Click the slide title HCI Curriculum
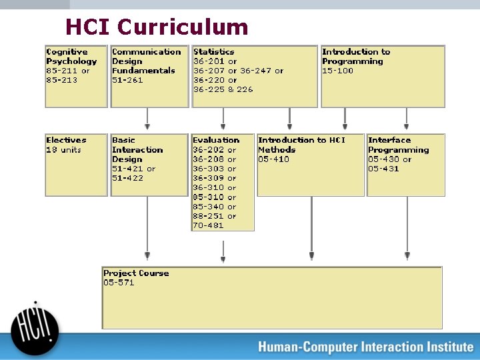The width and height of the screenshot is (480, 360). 157,27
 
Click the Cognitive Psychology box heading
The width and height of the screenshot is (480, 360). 71,56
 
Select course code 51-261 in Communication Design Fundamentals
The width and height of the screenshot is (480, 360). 127,80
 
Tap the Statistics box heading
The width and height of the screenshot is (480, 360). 213,51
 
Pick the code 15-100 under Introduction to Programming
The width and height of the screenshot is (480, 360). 337,71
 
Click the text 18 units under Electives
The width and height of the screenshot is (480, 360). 63,150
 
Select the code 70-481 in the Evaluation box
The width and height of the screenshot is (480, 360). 208,225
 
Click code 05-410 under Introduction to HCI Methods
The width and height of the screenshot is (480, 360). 273,159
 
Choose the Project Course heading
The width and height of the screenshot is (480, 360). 136,273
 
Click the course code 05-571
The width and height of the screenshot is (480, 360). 119,283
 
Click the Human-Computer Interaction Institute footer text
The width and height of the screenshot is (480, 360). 365,347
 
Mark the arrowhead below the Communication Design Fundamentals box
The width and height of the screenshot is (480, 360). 147,125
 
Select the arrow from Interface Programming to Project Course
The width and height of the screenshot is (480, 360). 407,227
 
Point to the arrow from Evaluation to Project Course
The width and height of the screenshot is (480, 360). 223,250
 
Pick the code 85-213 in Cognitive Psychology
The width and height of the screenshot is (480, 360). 61,80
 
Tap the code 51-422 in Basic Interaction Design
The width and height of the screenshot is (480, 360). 127,178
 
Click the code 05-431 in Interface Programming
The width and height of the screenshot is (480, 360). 383,169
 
